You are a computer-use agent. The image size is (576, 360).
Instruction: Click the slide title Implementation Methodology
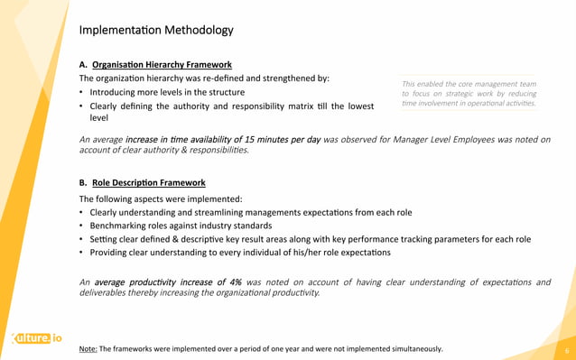(x=156, y=31)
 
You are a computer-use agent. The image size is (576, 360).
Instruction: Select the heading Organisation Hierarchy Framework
(x=162, y=65)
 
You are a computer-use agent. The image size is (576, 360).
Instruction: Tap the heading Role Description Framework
(x=149, y=182)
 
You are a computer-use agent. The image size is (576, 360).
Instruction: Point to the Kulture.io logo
(x=36, y=339)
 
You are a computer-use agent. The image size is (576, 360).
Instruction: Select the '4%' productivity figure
(x=233, y=282)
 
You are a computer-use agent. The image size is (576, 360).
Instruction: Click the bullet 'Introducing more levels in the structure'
(x=166, y=93)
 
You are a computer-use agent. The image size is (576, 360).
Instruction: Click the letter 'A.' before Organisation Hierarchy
(x=83, y=65)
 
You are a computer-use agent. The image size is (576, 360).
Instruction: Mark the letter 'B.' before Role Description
(x=83, y=182)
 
